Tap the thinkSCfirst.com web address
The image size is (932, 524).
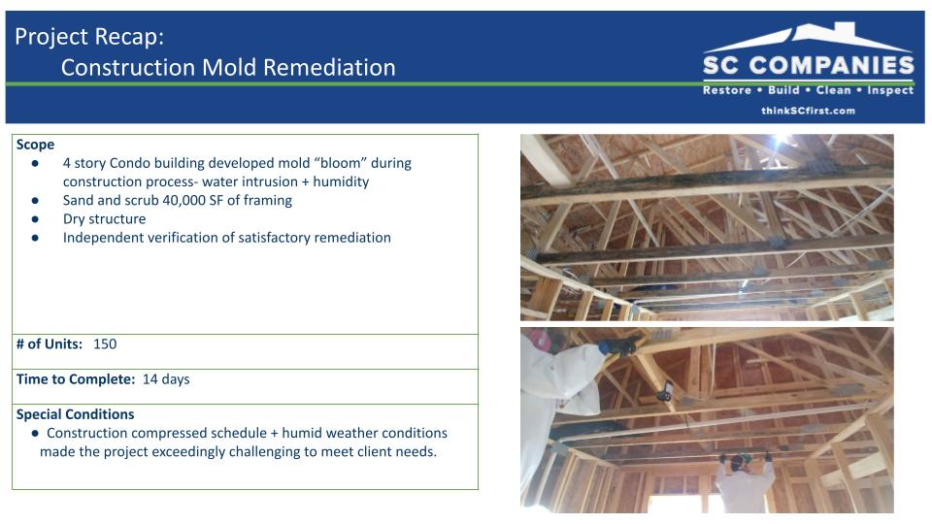tap(809, 111)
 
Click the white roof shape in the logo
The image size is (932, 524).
tap(809, 37)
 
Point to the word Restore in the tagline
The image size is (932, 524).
tap(727, 90)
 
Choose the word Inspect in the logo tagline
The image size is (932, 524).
tap(890, 90)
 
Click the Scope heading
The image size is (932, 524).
tap(35, 145)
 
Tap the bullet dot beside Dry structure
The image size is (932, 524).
tap(35, 219)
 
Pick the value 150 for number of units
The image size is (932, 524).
tap(105, 344)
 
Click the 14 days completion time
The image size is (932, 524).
tap(166, 379)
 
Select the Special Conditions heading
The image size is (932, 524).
tap(75, 414)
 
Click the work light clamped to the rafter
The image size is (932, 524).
tap(666, 391)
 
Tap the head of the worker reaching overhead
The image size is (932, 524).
tap(741, 461)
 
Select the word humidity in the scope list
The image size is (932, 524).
tap(341, 181)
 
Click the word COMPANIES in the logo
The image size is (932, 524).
tap(832, 65)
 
